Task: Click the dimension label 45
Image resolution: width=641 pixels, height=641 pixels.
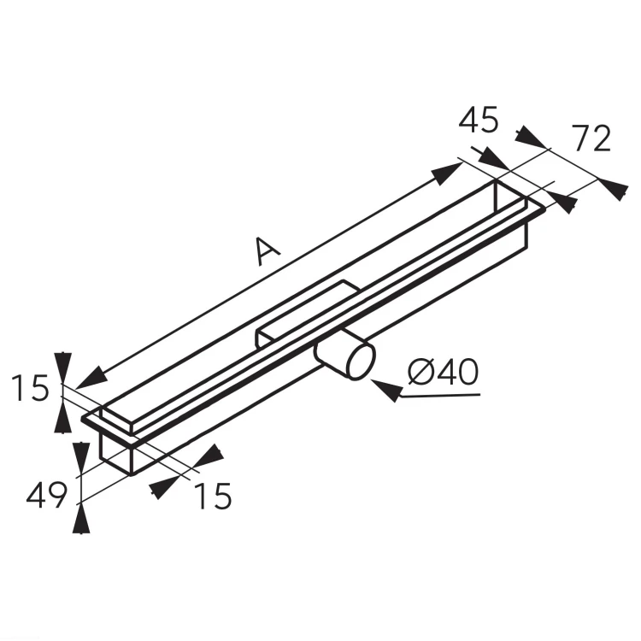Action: [479, 121]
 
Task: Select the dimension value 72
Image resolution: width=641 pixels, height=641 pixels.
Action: [591, 138]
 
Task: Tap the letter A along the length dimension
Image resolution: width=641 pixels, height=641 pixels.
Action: [267, 250]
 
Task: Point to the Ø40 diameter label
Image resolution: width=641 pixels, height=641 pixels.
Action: [443, 372]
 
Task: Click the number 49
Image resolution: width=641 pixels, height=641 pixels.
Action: [46, 495]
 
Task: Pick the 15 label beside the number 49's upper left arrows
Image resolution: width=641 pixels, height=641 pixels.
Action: [30, 387]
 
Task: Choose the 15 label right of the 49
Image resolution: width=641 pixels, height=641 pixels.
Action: [213, 496]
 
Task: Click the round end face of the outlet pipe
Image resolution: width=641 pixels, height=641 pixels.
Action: [362, 362]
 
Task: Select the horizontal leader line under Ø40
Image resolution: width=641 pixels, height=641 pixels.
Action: [440, 396]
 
